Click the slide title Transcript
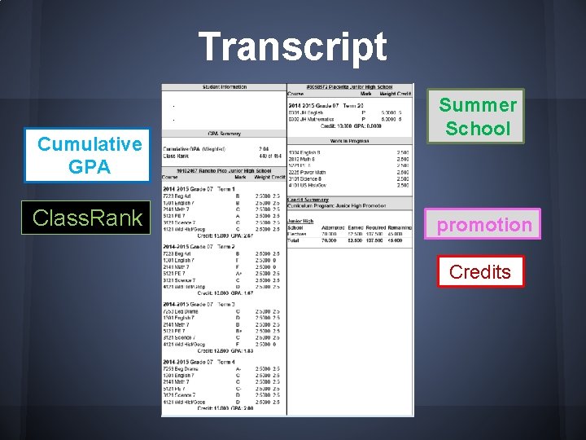point(293,46)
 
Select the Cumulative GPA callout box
point(89,156)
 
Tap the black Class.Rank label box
point(89,218)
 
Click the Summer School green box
point(478,117)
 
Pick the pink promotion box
point(483,225)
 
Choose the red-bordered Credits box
point(480,272)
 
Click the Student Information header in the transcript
point(224,86)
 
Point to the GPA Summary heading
point(224,133)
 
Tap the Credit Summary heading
point(308,199)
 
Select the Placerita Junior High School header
point(350,86)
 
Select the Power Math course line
point(308,172)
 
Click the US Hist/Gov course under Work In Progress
point(308,185)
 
